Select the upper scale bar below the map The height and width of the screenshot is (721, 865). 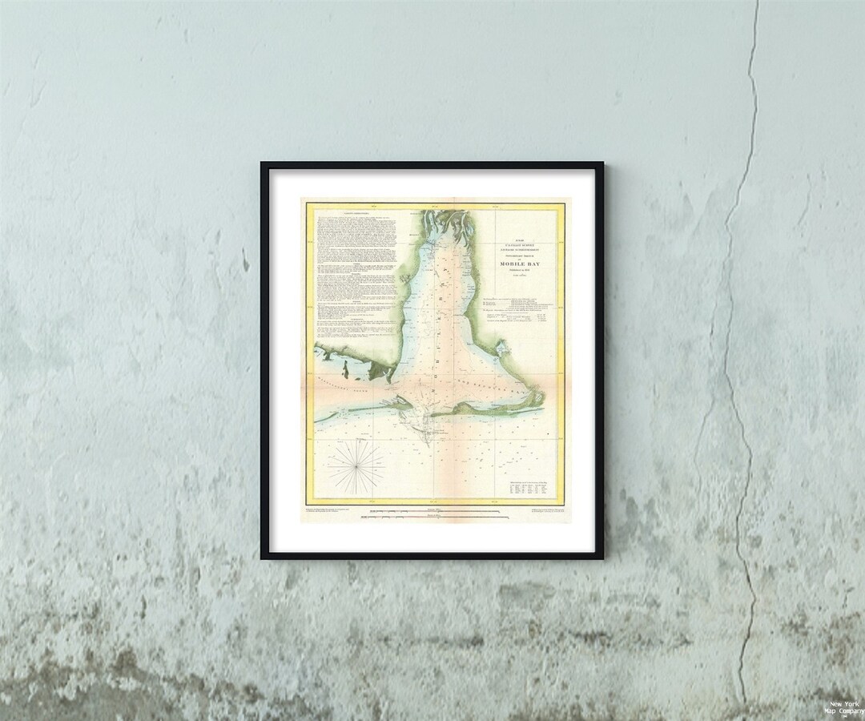pyautogui.click(x=432, y=510)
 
